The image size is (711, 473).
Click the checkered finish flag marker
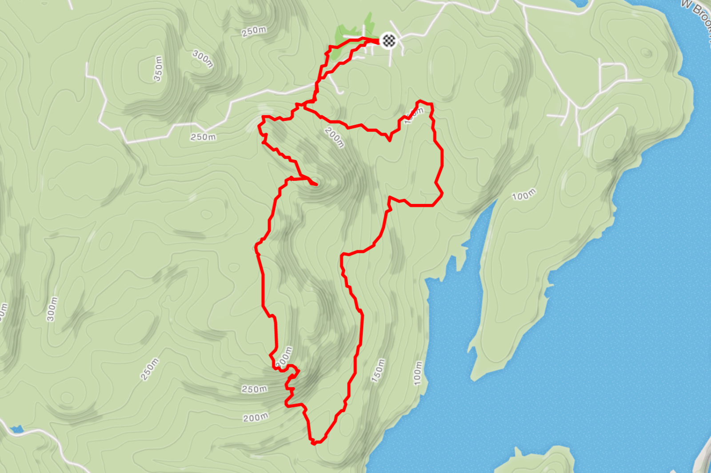(x=389, y=40)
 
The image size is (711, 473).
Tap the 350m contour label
(x=158, y=69)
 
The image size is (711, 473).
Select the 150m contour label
(x=378, y=370)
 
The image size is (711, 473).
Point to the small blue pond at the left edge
(x=17, y=429)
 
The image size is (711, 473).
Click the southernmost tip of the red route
(x=314, y=443)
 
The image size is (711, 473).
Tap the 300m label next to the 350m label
(x=203, y=59)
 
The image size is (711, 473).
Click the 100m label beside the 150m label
(x=418, y=373)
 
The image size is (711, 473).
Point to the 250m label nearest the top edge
(x=254, y=31)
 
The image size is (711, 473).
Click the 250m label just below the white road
(x=203, y=137)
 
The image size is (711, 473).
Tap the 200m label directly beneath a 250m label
(x=256, y=417)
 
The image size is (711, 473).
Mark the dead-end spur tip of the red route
(x=316, y=184)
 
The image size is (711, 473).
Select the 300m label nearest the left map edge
(x=52, y=309)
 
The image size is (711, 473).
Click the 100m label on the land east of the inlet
(x=523, y=195)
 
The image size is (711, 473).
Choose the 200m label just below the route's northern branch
(x=334, y=137)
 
